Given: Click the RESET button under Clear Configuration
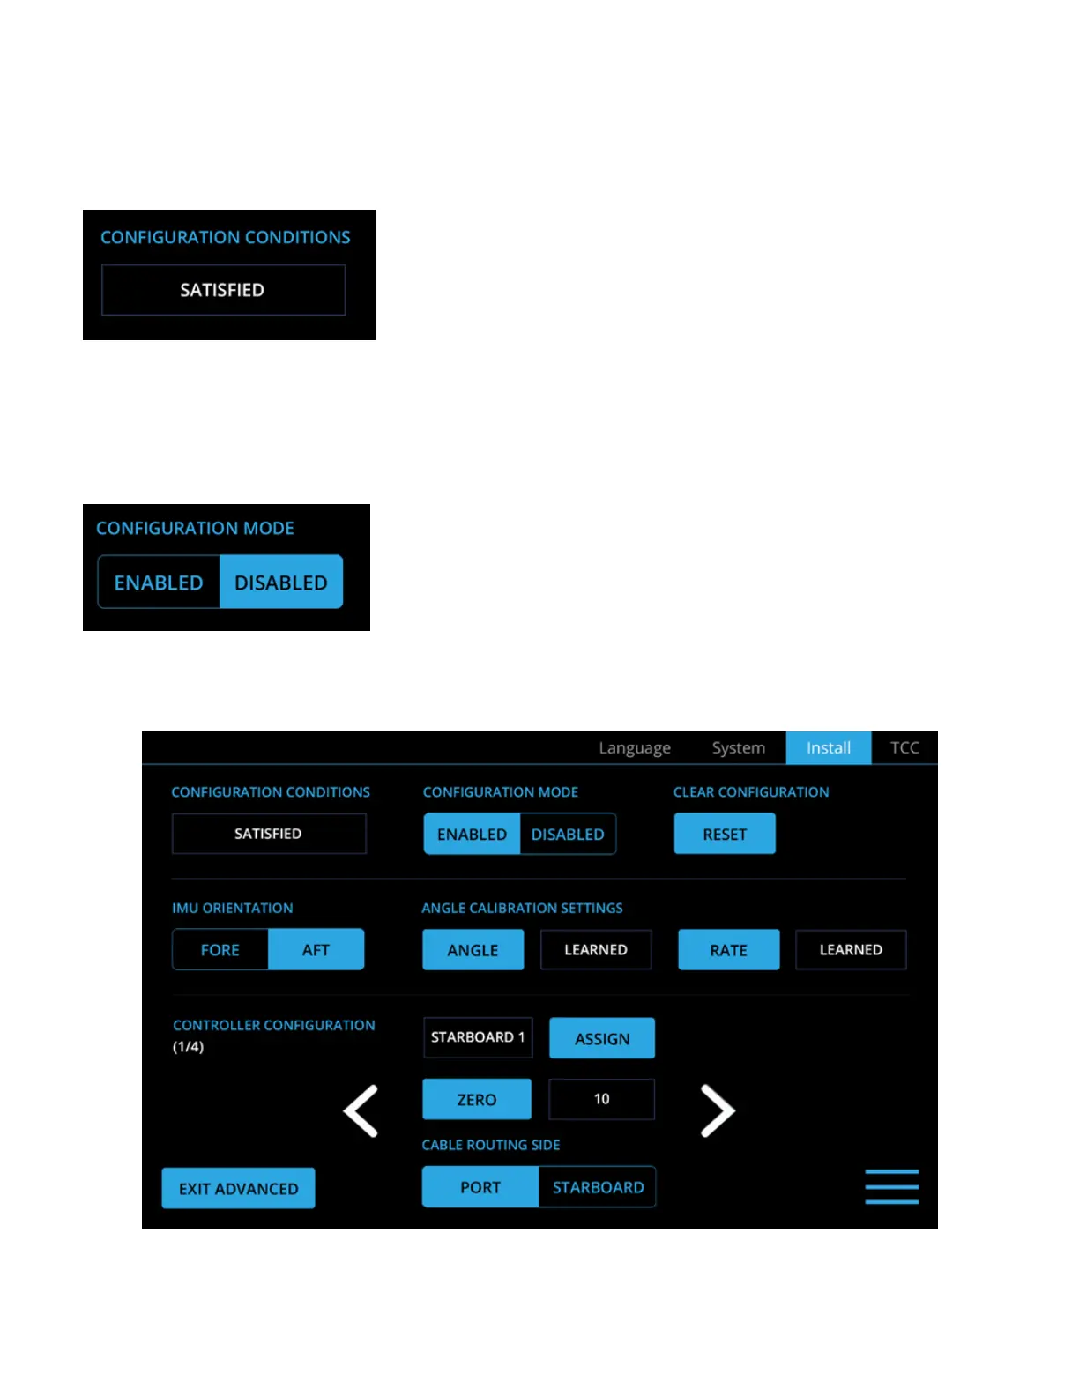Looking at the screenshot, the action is tap(725, 834).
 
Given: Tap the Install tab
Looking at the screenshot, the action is tap(828, 748).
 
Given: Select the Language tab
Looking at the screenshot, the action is tap(635, 748).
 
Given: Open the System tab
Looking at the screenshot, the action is tap(738, 748).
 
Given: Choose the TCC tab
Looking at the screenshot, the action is tap(904, 748).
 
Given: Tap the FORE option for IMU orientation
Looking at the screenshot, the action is tap(220, 950).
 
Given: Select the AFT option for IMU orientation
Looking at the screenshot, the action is tap(316, 950).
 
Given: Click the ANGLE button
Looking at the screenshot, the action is tap(473, 950).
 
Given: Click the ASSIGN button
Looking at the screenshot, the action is tap(602, 1038).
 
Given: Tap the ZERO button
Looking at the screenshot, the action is tap(477, 1099).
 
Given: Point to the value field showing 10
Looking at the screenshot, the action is tap(601, 1099).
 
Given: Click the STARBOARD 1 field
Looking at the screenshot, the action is tap(478, 1037).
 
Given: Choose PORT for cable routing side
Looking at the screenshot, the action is tap(480, 1187).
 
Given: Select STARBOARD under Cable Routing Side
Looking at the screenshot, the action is tap(598, 1187).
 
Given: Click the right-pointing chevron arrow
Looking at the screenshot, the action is tap(718, 1110).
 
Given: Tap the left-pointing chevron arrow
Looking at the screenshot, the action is tap(361, 1110).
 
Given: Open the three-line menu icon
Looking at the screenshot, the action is tap(891, 1186).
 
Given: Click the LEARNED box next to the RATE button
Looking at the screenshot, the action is tap(851, 950).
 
